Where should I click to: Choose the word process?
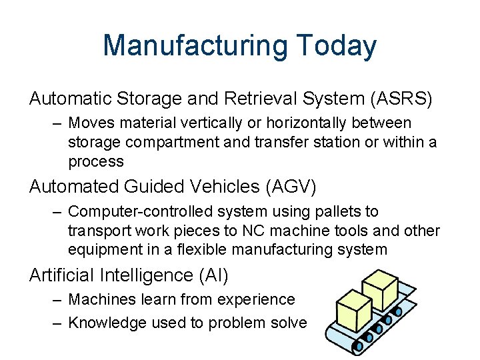click(96, 161)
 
